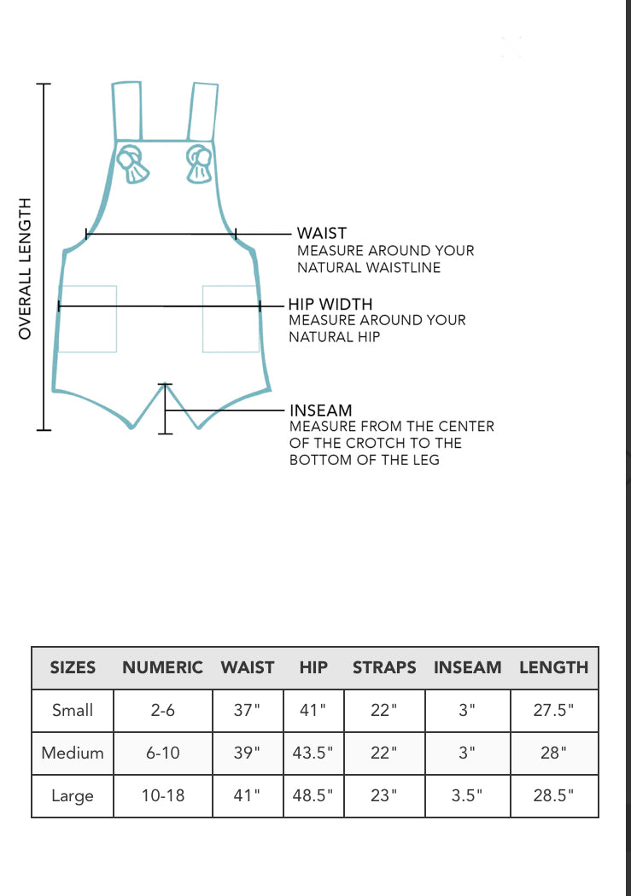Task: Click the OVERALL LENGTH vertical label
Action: pos(25,268)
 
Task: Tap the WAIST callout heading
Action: pos(321,233)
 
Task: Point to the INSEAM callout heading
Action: pos(320,410)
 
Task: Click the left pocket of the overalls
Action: pos(87,318)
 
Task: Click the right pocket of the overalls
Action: pos(231,318)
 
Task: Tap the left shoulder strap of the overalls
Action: pos(126,110)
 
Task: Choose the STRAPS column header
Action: pos(384,667)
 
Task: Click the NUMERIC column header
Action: pos(162,667)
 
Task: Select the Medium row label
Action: pos(73,753)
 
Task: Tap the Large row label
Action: pos(73,795)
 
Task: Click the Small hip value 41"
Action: pos(313,710)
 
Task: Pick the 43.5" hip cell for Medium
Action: pos(313,753)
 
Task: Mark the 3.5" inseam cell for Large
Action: pos(467,795)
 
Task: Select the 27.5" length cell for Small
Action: pos(554,710)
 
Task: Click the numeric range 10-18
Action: pos(162,795)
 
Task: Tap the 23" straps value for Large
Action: pos(384,795)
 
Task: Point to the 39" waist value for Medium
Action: pos(248,753)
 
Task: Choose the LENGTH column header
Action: pos(554,667)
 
